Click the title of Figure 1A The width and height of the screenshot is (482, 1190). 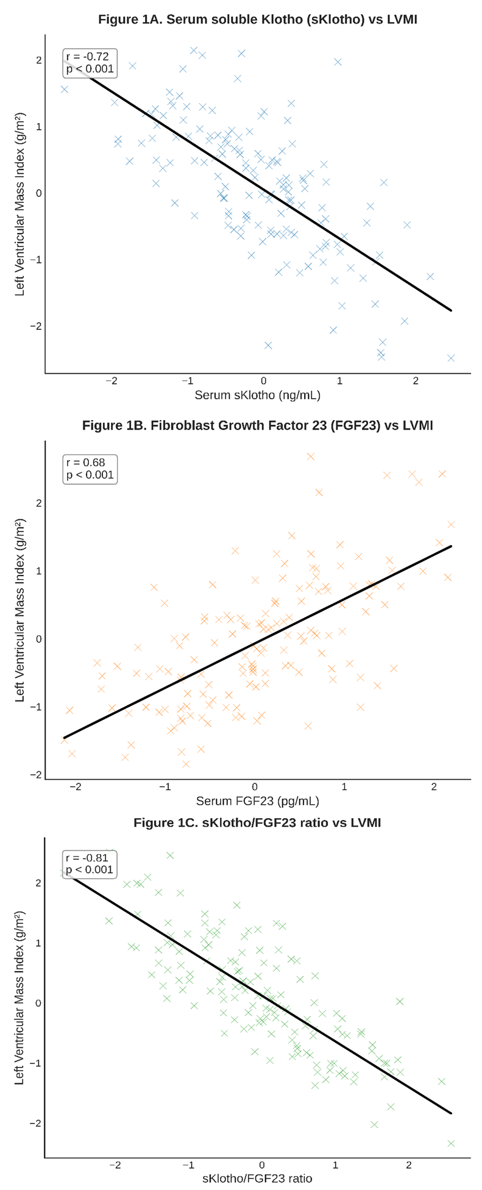tap(257, 20)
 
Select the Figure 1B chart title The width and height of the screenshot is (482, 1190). tap(257, 426)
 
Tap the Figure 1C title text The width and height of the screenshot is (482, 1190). tap(257, 823)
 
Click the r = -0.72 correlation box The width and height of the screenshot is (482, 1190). tap(90, 63)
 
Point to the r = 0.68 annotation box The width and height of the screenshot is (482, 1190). tap(90, 469)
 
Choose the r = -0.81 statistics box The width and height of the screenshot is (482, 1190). tap(90, 864)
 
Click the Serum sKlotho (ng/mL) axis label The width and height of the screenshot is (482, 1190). tap(257, 395)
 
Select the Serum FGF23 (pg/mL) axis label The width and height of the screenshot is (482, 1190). tap(257, 800)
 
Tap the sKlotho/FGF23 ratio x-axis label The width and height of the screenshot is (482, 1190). tap(257, 1178)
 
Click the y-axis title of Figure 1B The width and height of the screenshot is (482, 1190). tap(20, 610)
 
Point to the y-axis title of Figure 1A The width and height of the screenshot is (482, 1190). tap(20, 205)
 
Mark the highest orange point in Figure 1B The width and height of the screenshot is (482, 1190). tap(311, 456)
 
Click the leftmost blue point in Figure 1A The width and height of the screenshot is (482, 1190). tap(64, 89)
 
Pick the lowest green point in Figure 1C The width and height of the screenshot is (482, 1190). tap(451, 1143)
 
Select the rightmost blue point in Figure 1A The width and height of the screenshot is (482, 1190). tap(451, 358)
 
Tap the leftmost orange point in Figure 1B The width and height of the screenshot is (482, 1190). tap(64, 739)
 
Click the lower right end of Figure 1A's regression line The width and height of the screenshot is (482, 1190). tap(452, 310)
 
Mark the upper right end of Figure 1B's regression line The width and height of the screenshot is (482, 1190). tap(452, 546)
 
